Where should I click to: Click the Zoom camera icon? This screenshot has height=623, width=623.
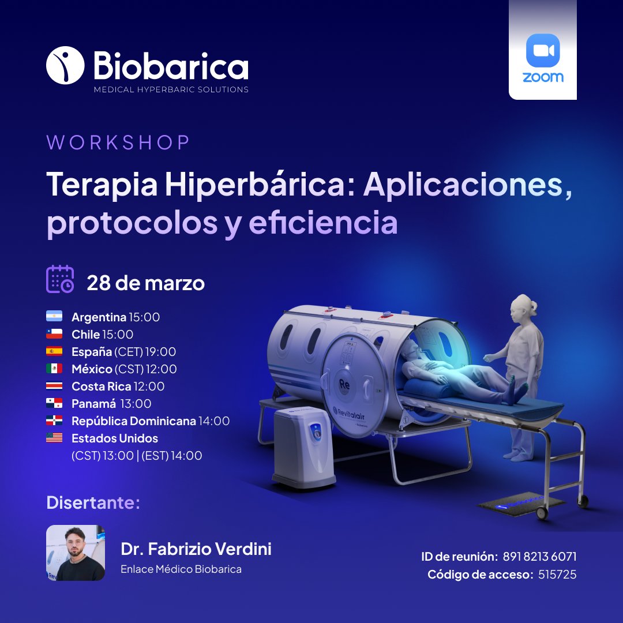click(x=543, y=51)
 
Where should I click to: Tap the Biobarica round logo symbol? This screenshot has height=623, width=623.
click(x=65, y=65)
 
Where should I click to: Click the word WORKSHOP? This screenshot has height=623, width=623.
click(x=118, y=143)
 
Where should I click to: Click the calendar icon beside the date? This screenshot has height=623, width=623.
click(x=60, y=279)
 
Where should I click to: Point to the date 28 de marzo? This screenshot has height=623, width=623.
click(x=145, y=283)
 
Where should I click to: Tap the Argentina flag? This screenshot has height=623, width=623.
click(x=54, y=317)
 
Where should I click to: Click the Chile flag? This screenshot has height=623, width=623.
click(x=54, y=334)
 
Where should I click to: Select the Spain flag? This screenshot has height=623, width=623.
click(x=54, y=351)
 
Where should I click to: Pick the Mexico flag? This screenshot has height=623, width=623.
click(x=54, y=369)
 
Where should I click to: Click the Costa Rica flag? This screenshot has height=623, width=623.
click(x=54, y=386)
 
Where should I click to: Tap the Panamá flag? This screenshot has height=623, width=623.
click(x=54, y=403)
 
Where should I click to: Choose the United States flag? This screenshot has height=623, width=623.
click(x=54, y=438)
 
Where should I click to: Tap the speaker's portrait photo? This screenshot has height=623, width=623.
click(x=76, y=553)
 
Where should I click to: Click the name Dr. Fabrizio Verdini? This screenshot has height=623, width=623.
click(x=196, y=549)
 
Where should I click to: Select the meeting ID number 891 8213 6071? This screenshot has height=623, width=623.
click(x=539, y=557)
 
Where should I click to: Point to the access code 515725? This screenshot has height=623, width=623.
click(x=557, y=575)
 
